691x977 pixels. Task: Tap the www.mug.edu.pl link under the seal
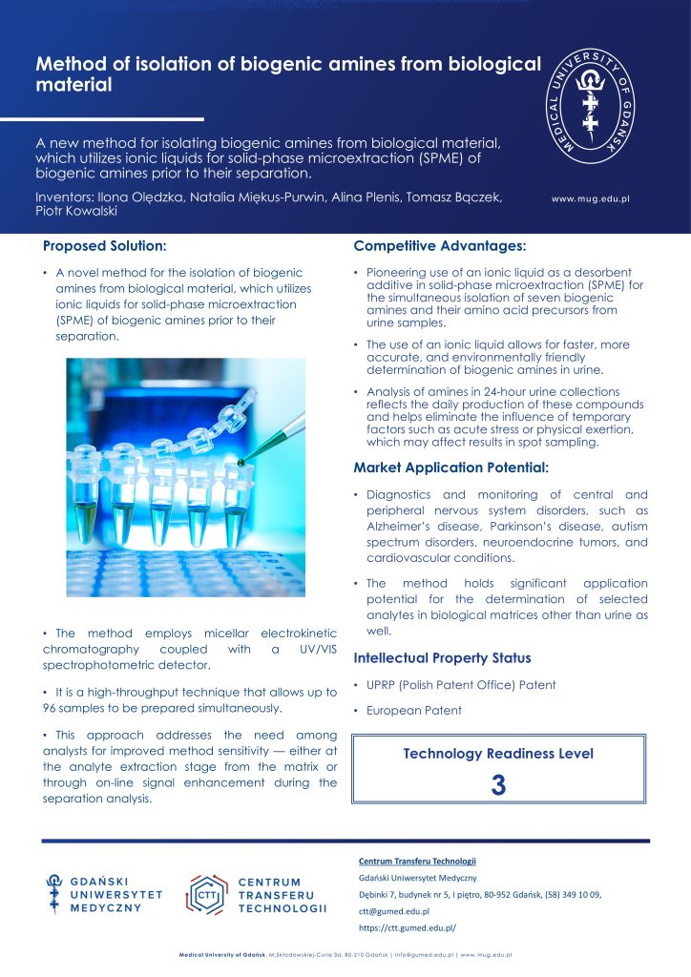point(591,199)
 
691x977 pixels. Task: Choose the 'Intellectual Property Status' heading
point(443,658)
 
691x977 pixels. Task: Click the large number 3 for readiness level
point(498,784)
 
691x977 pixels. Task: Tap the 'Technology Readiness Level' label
point(498,754)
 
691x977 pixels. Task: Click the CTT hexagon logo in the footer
point(206,894)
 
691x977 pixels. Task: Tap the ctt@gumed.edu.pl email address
point(394,911)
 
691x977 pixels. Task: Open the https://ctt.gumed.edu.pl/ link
point(408,927)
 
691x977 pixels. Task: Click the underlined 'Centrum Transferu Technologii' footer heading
point(417,862)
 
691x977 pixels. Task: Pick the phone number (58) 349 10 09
point(568,895)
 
